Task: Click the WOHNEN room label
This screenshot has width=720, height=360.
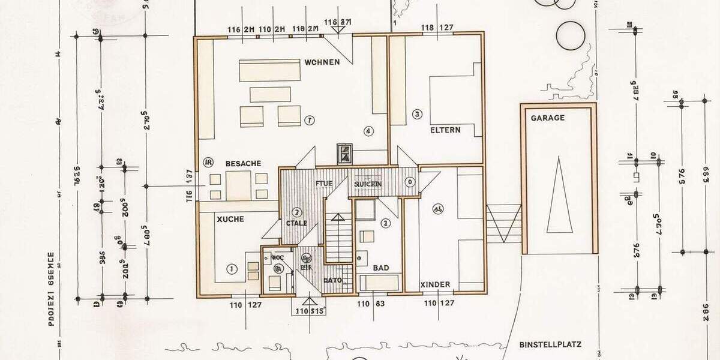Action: [322, 62]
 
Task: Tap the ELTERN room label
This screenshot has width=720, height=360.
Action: [445, 130]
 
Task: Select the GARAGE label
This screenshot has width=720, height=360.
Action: [547, 118]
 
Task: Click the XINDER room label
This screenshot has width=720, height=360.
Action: [435, 284]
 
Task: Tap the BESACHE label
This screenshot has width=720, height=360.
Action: [243, 164]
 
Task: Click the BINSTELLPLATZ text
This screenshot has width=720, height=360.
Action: [550, 345]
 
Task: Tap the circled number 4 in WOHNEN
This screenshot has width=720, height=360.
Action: [368, 131]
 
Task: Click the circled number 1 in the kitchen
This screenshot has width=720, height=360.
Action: [232, 268]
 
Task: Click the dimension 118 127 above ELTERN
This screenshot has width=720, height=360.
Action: [437, 27]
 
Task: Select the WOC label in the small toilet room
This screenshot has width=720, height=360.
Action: [278, 257]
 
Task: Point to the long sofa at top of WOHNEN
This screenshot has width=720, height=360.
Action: [269, 70]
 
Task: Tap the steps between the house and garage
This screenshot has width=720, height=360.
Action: [503, 223]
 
